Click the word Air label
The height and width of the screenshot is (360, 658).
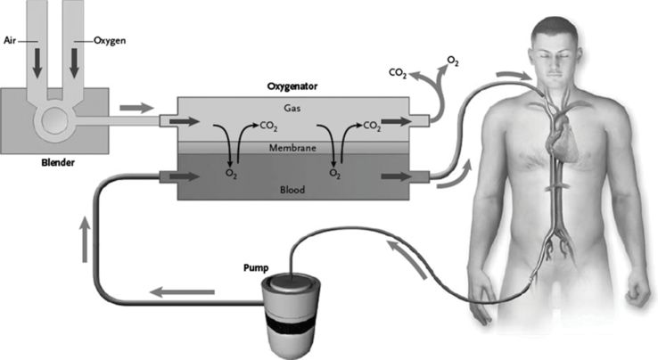coord(12,39)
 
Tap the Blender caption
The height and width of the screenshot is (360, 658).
coord(56,163)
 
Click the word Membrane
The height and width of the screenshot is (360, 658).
coord(292,147)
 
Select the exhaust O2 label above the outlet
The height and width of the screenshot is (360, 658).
coord(453,60)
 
